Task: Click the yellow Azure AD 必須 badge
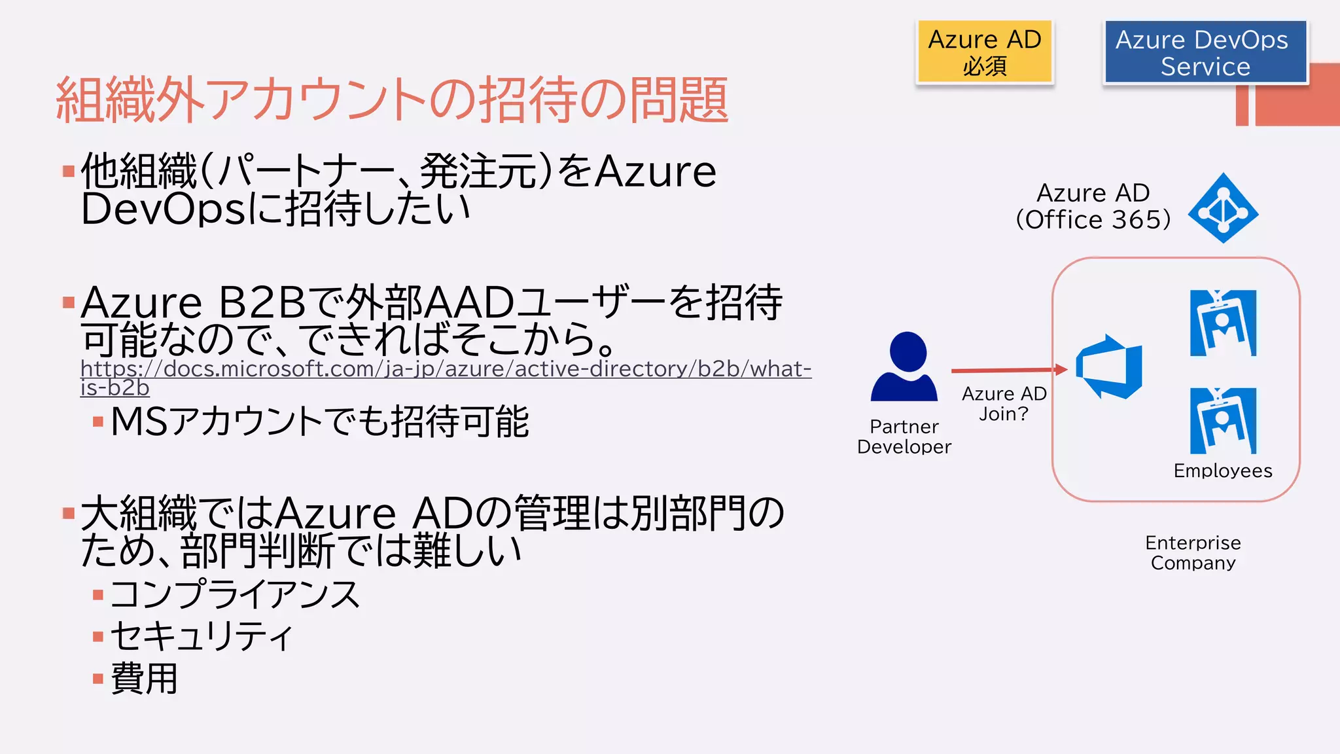tap(985, 52)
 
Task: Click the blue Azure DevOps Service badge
tap(1205, 52)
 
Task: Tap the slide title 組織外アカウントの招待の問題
tap(392, 99)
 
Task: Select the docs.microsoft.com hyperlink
tap(445, 370)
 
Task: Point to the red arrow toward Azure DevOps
tap(1008, 370)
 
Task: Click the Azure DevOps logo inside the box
tap(1110, 367)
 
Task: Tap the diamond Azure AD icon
tap(1223, 208)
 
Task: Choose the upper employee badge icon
tap(1223, 323)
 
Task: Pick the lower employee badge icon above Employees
tap(1223, 421)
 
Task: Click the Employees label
tap(1222, 471)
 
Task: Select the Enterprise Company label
tap(1193, 552)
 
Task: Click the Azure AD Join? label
tap(1004, 403)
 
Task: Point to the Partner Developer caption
tap(904, 437)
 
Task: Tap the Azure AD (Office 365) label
tap(1093, 207)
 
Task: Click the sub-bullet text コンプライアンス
tap(235, 595)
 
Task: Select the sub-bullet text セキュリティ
tap(202, 636)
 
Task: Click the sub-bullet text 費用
tap(145, 678)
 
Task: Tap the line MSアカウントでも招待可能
tap(320, 421)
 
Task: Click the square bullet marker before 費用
tap(98, 679)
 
